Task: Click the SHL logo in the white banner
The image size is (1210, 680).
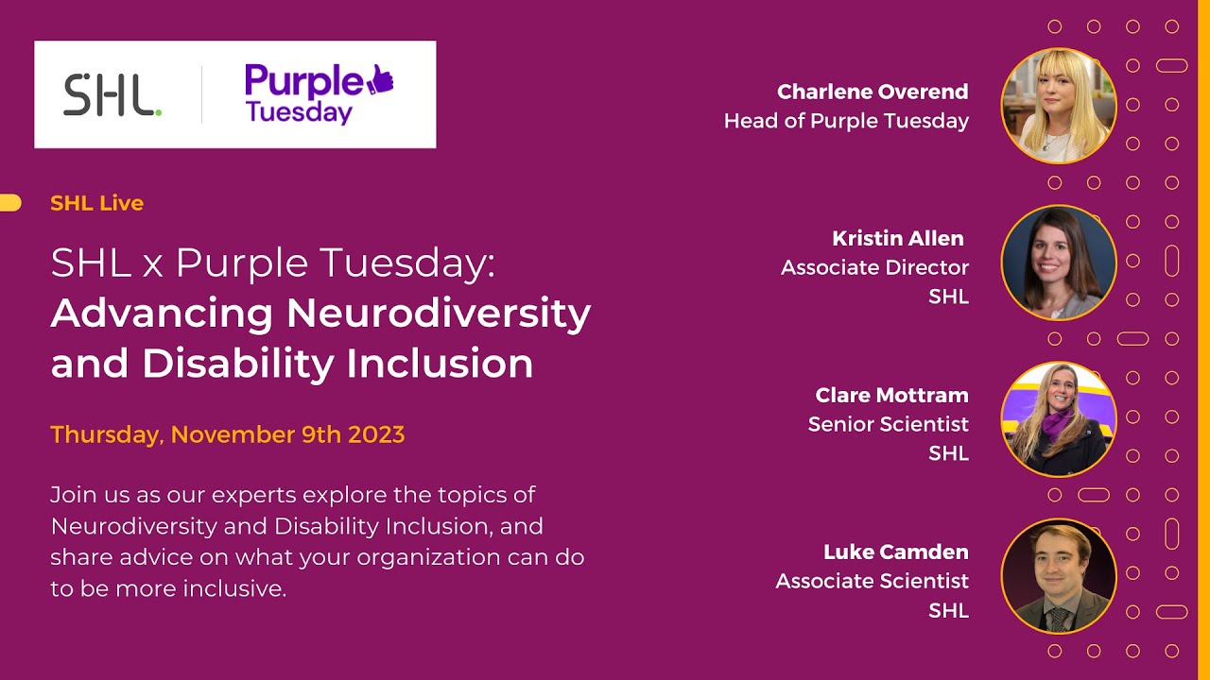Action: point(112,95)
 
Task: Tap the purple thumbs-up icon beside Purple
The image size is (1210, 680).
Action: point(380,80)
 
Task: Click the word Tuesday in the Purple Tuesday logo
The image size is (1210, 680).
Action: point(298,113)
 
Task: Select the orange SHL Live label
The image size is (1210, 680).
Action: point(96,203)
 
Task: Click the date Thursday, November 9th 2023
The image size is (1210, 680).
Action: point(227,435)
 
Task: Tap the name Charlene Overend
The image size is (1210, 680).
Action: point(872,92)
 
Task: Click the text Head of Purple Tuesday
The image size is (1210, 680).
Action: point(846,121)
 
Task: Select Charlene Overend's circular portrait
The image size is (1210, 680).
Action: point(1058,106)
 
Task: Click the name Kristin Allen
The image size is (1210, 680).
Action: point(897,238)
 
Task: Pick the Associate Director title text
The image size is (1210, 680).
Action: point(873,267)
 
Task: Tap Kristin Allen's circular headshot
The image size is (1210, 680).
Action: point(1058,262)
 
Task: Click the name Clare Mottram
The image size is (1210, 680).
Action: point(891,395)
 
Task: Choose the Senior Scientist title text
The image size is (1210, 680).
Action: point(888,424)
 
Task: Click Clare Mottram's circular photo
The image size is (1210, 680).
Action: point(1058,418)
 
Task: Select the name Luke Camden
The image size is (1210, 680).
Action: point(895,552)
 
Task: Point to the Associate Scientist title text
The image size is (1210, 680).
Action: point(872,581)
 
